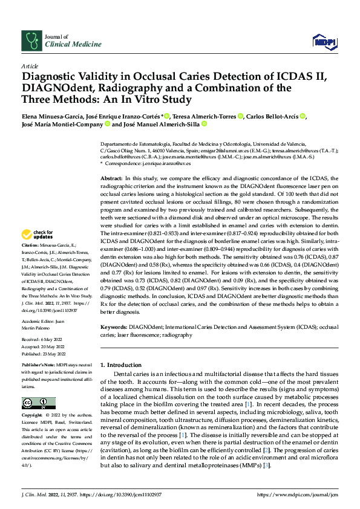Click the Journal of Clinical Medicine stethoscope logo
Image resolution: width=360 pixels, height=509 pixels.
pos(31,41)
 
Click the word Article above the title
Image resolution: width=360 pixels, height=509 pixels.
pos(29,65)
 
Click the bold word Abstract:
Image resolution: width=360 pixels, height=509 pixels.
pos(111,179)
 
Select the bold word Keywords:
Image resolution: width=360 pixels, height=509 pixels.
pos(114,327)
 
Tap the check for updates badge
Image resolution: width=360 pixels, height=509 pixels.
pos(38,234)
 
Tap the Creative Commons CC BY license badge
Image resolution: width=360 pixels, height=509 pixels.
pos(38,403)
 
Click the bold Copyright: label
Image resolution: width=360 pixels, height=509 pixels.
pos(33,417)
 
